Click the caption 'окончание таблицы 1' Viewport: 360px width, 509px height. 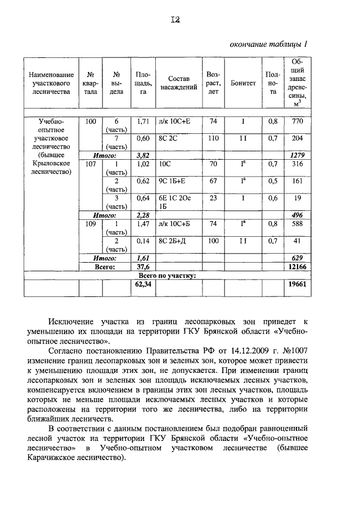click(x=269, y=44)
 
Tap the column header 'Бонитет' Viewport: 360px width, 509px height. click(x=244, y=83)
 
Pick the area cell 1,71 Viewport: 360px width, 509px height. click(x=142, y=121)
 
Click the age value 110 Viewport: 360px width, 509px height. click(x=213, y=138)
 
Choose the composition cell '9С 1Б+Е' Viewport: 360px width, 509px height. click(x=173, y=181)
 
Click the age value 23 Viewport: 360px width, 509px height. click(x=213, y=198)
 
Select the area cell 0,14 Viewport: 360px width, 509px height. click(x=142, y=241)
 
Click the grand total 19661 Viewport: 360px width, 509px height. click(x=297, y=286)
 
